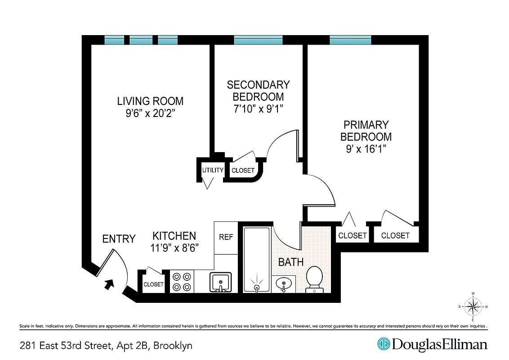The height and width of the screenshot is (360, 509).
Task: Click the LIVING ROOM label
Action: pyautogui.click(x=150, y=101)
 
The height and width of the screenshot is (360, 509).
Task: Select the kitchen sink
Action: pyautogui.click(x=220, y=282)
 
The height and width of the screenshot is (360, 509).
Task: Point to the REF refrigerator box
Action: pyautogui.click(x=226, y=237)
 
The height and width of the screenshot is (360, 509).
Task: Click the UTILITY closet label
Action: pyautogui.click(x=213, y=170)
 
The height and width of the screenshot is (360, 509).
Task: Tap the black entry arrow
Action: pyautogui.click(x=109, y=284)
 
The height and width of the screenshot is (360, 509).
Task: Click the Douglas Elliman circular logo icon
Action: pyautogui.click(x=383, y=345)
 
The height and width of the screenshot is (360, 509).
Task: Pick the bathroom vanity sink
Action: pyautogui.click(x=284, y=284)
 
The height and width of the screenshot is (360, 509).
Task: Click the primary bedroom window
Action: pyautogui.click(x=350, y=40)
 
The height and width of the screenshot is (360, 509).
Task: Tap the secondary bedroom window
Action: pyautogui.click(x=258, y=40)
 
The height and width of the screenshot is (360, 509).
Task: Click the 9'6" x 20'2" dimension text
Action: pyautogui.click(x=150, y=113)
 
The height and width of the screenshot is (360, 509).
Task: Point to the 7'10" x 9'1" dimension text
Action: pyautogui.click(x=258, y=108)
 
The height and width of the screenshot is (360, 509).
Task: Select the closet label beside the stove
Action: pyautogui.click(x=153, y=284)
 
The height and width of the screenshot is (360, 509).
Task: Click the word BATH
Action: pyautogui.click(x=290, y=262)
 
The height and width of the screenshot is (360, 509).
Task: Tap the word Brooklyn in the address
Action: pyautogui.click(x=173, y=346)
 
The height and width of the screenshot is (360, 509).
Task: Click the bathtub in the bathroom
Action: pyautogui.click(x=257, y=260)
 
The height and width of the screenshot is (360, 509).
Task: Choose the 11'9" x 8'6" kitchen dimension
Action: pyautogui.click(x=175, y=247)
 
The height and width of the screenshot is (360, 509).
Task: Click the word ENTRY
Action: pyautogui.click(x=119, y=239)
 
